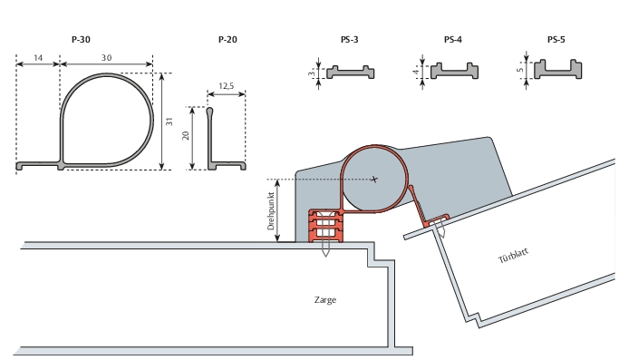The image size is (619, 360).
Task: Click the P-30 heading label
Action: (81, 40)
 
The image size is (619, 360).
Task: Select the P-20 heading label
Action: (227, 40)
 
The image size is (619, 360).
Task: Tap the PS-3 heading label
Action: (349, 40)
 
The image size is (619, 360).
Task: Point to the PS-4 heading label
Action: (453, 40)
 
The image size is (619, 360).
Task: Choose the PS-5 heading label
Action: (556, 40)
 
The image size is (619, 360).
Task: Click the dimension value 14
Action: (38, 58)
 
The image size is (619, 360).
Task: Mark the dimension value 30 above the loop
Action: (107, 58)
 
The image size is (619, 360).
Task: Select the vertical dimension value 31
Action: (169, 122)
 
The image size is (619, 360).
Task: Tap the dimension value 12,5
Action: (227, 86)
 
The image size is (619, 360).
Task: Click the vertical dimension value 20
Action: (186, 135)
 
